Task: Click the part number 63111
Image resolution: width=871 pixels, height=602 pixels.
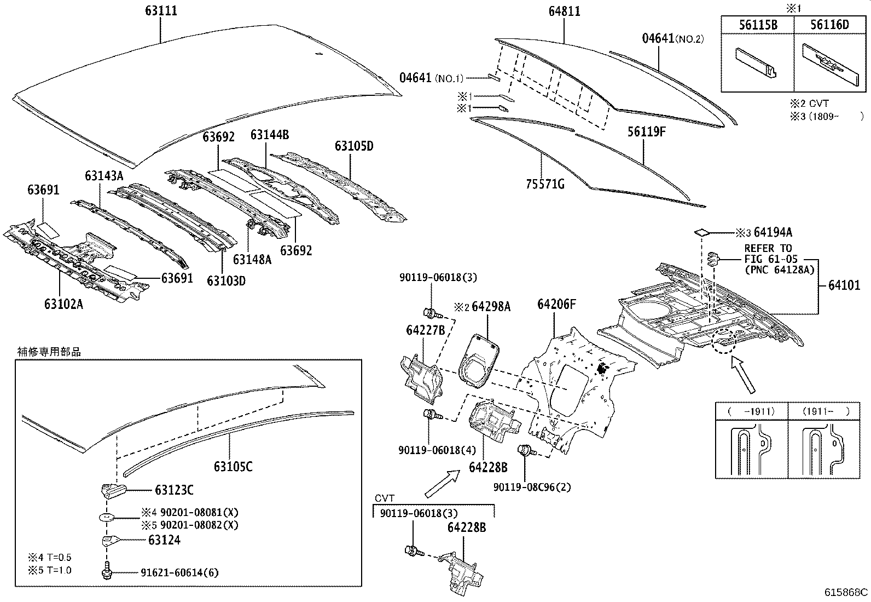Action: click(x=161, y=11)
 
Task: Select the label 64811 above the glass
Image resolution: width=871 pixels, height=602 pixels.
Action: click(x=564, y=11)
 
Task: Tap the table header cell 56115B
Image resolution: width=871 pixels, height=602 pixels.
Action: click(x=758, y=24)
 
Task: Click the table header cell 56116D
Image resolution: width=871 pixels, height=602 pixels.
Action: click(x=830, y=24)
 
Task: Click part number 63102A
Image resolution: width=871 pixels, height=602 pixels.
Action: click(x=63, y=304)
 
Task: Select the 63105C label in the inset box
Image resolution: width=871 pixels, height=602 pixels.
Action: click(x=233, y=467)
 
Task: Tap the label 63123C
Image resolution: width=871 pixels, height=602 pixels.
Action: click(x=174, y=490)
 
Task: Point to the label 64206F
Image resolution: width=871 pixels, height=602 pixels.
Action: click(x=556, y=304)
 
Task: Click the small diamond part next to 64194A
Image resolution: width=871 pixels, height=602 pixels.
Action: click(x=701, y=232)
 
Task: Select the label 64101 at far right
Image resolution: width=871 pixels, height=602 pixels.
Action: click(x=844, y=285)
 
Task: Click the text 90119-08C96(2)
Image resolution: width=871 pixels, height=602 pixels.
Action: click(x=531, y=486)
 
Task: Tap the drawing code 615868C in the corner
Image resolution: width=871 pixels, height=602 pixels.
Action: click(x=846, y=592)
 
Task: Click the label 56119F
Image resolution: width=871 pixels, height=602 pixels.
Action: click(x=646, y=132)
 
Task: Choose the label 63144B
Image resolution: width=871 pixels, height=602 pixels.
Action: click(x=270, y=135)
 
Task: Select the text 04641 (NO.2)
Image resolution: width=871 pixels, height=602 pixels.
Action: click(x=672, y=38)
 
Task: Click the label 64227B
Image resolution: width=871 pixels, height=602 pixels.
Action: click(x=425, y=330)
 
